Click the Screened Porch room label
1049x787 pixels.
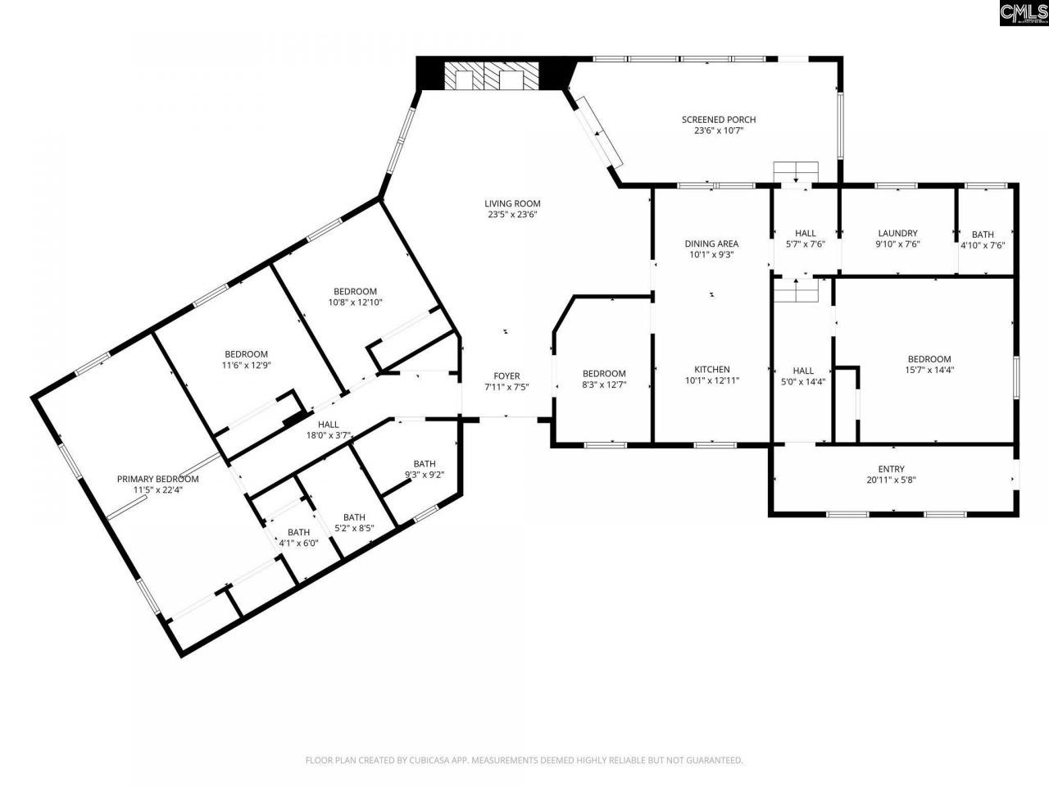719,120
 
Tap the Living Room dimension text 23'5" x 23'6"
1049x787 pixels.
513,215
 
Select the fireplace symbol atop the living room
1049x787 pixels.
492,76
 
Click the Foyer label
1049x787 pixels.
506,376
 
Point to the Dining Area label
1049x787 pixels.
711,243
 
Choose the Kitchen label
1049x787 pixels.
711,370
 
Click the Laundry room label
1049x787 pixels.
897,234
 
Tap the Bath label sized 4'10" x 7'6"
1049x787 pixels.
983,234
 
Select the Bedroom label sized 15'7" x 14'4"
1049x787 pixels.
929,359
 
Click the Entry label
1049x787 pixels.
892,470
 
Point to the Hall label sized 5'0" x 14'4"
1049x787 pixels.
803,371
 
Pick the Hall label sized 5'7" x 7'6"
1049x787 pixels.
805,234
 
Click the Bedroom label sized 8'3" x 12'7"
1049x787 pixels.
604,374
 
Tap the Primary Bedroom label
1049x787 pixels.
157,480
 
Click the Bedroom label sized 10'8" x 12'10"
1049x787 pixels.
355,292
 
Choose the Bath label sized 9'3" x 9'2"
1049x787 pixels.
425,464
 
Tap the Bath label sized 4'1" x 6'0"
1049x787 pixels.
298,532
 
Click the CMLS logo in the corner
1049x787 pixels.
1024,13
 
